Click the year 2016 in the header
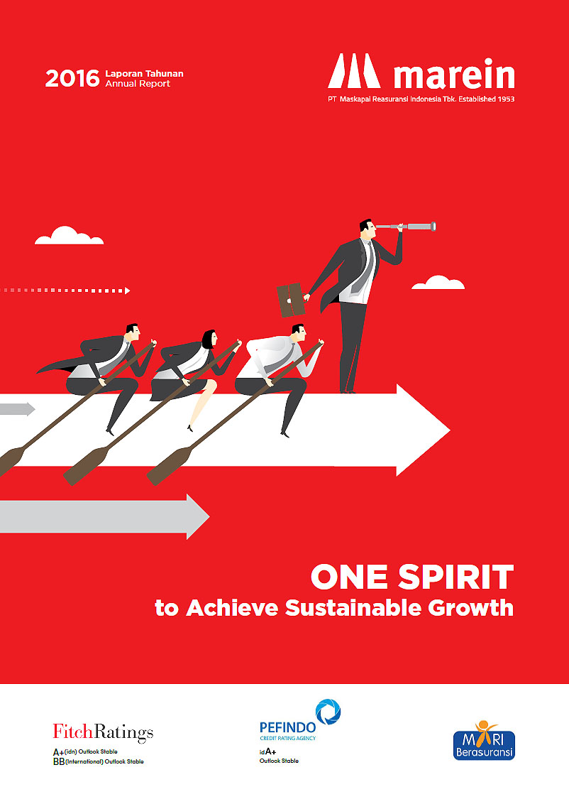tap(72, 78)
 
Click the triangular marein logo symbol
tap(354, 71)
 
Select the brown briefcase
tap(291, 300)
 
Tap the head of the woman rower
tap(209, 339)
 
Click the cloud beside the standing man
tap(438, 283)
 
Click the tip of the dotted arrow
tap(130, 290)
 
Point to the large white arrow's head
tap(424, 430)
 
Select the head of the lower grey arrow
tap(198, 516)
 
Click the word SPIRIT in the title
tap(455, 577)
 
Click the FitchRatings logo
tap(103, 732)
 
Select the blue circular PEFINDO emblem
tap(328, 712)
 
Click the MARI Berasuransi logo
tap(484, 741)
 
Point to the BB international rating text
tap(99, 761)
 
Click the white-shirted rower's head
tap(299, 333)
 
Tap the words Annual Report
tap(138, 84)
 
